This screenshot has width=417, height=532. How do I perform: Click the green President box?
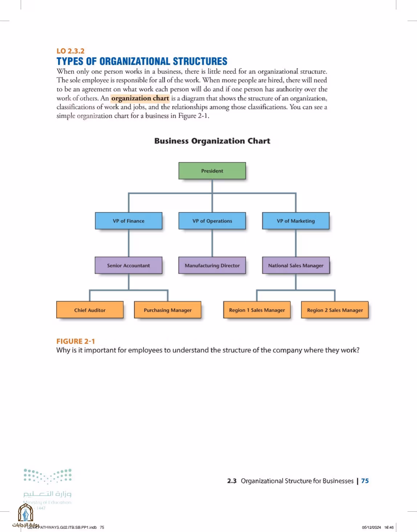212,171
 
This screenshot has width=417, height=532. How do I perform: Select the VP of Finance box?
128,221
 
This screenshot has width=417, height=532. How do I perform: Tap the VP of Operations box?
212,221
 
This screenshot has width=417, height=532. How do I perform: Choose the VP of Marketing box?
296,221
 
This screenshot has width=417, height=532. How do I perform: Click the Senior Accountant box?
128,265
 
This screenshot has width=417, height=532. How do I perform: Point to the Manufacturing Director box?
212,265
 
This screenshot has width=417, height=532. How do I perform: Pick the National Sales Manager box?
296,265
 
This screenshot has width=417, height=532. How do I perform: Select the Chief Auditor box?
90,310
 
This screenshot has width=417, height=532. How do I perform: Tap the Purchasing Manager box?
168,310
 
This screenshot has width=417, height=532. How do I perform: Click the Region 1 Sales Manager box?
257,310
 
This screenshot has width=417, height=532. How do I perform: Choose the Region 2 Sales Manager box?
335,310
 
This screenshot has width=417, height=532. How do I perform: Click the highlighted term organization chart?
140,98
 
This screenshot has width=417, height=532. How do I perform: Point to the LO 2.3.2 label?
70,51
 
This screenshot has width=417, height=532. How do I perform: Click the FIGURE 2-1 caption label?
75,341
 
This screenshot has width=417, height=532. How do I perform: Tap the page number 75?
365,481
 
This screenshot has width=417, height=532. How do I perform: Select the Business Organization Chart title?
212,141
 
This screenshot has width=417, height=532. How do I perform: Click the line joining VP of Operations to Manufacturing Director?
212,243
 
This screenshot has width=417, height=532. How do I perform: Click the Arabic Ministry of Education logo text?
47,494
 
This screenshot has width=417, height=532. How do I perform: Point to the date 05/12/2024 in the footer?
371,527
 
